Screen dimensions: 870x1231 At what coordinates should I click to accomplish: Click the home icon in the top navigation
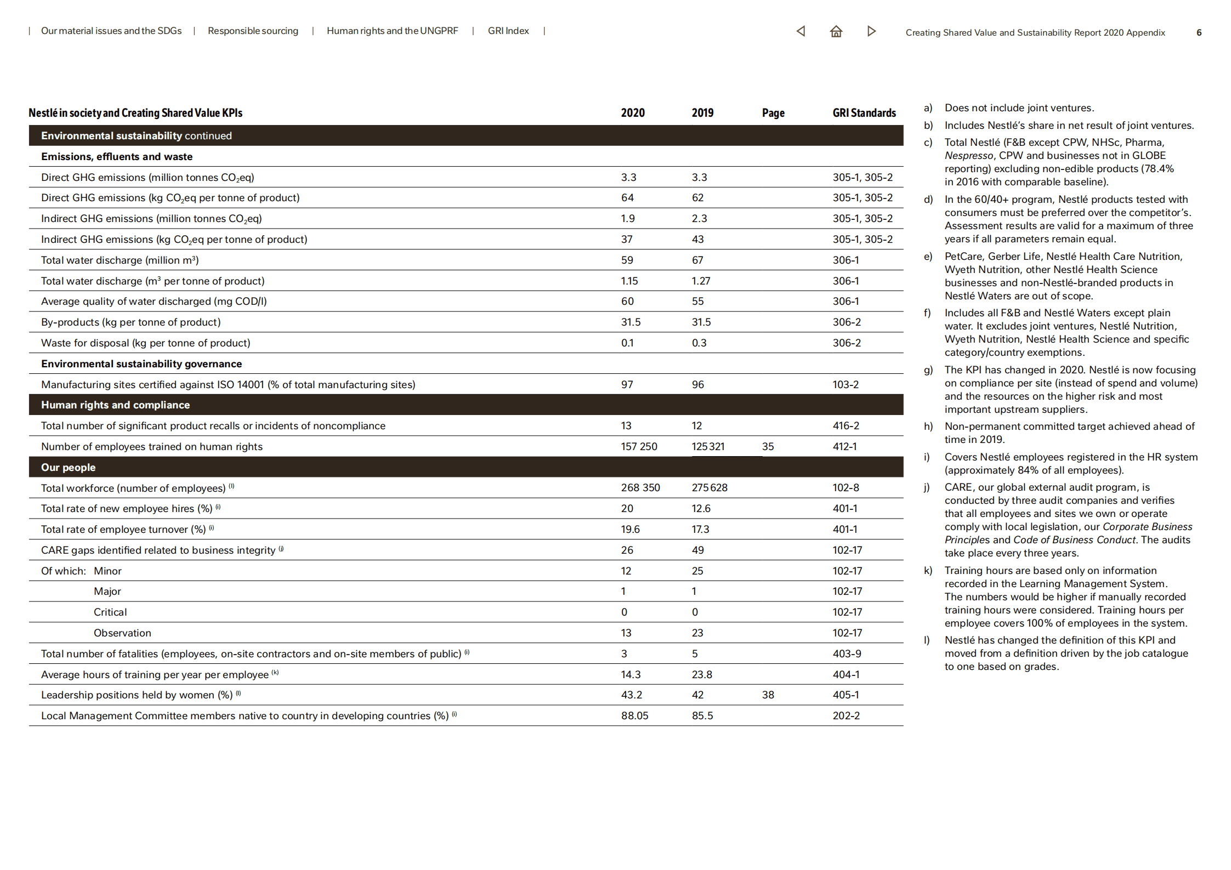point(836,31)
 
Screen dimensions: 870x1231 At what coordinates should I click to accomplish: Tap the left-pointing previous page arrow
point(801,31)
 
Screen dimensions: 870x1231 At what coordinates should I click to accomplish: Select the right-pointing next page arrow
point(871,31)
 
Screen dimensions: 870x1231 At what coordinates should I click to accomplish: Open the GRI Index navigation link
point(508,31)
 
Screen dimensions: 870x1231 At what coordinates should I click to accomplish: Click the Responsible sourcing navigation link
point(253,31)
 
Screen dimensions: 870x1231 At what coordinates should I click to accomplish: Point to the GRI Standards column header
point(864,113)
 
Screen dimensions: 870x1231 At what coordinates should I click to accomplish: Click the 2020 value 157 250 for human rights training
point(639,447)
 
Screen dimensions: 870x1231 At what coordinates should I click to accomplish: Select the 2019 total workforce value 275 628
point(709,488)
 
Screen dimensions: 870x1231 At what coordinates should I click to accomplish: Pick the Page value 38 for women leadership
point(768,695)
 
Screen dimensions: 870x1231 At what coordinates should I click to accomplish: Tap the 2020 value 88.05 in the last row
point(634,716)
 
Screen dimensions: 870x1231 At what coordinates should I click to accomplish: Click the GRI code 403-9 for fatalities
point(846,654)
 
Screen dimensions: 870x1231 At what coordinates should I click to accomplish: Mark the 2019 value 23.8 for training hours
point(701,675)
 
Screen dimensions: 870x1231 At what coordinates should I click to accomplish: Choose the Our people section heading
point(69,468)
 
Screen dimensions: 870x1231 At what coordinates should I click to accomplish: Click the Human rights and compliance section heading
point(115,405)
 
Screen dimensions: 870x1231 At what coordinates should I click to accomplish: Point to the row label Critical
point(110,612)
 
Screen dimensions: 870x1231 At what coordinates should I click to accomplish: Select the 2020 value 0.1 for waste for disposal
point(627,343)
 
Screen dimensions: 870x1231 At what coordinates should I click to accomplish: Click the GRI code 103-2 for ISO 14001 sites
point(846,385)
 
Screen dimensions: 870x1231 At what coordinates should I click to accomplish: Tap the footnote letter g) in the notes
point(928,370)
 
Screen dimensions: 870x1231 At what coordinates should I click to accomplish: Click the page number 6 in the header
point(1199,33)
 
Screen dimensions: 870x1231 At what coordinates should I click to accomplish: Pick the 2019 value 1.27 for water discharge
point(700,281)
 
